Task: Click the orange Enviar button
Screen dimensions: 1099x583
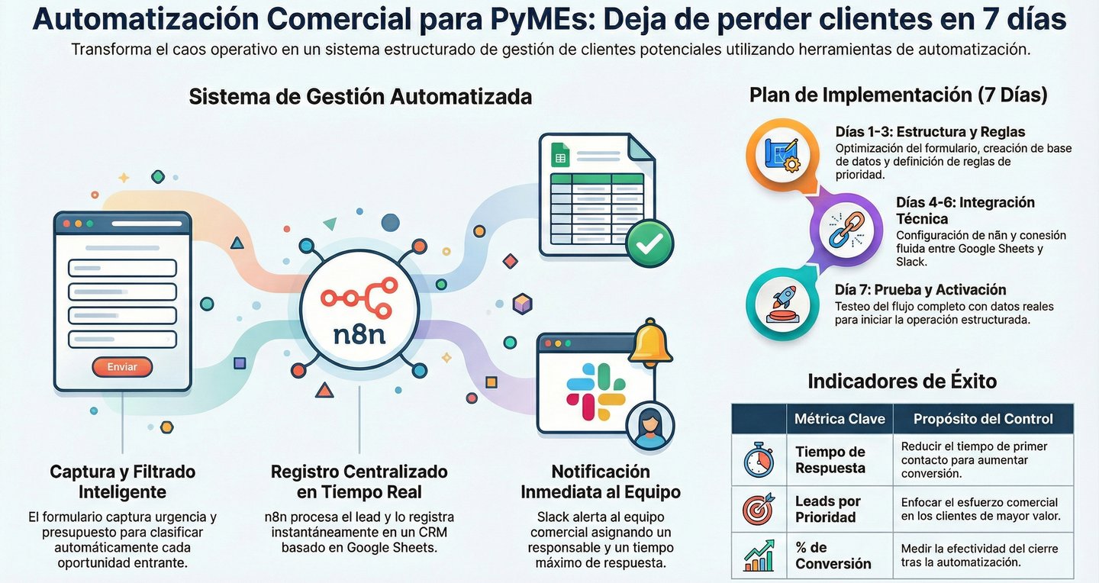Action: pos(122,367)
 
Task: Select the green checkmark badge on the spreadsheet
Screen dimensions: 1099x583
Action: pos(649,243)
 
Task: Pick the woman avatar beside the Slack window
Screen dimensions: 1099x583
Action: pos(649,426)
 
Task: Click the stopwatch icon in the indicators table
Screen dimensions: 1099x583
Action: pos(758,460)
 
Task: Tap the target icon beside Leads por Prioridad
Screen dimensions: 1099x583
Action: pos(758,508)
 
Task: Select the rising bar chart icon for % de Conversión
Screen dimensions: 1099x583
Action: pos(758,556)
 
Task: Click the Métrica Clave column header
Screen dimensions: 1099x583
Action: pos(840,419)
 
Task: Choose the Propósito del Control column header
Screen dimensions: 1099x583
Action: pos(983,419)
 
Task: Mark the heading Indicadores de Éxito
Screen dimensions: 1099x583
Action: pos(902,381)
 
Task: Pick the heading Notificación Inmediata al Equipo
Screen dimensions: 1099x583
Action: pos(601,482)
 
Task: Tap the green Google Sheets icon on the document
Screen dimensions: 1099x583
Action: pos(560,158)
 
